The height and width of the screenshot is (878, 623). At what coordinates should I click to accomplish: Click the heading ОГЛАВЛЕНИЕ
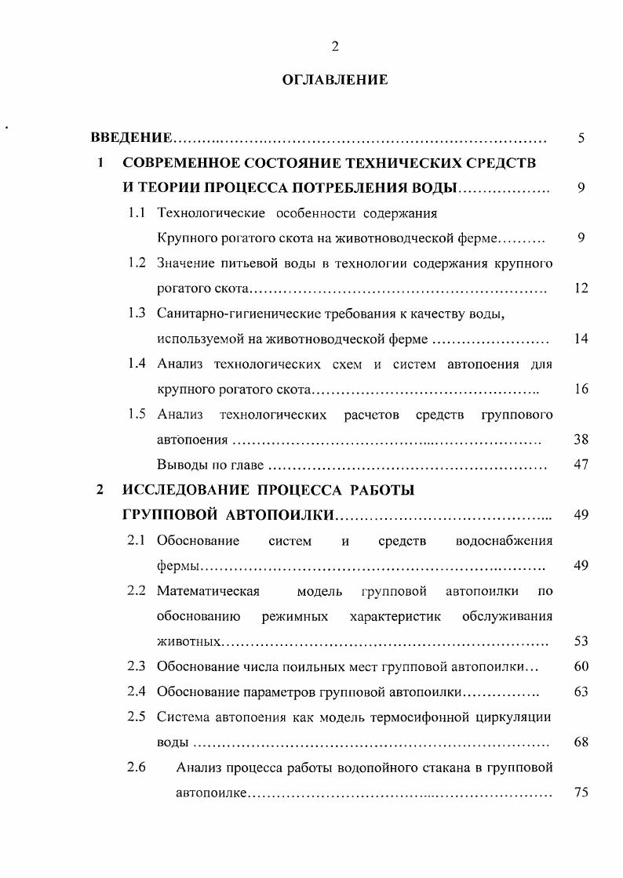(x=335, y=80)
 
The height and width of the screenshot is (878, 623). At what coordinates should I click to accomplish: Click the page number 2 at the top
(x=335, y=46)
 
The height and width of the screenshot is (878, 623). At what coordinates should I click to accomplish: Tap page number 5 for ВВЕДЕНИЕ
(x=581, y=139)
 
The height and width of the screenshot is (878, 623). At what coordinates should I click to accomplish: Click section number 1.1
(x=137, y=213)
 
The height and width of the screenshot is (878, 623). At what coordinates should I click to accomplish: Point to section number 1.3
(x=137, y=314)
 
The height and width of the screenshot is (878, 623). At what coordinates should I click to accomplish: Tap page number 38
(x=581, y=440)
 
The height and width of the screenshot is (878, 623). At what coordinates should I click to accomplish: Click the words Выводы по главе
(x=209, y=465)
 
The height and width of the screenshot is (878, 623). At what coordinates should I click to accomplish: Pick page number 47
(x=581, y=465)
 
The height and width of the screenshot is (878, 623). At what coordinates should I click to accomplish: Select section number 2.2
(x=137, y=590)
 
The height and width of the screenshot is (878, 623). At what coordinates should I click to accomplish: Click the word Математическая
(x=208, y=590)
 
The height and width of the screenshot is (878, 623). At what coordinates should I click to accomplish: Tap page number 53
(x=581, y=641)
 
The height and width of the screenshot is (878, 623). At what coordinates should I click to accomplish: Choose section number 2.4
(x=137, y=691)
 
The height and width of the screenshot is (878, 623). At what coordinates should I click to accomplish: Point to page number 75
(x=581, y=793)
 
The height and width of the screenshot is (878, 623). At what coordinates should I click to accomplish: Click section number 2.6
(x=137, y=767)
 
